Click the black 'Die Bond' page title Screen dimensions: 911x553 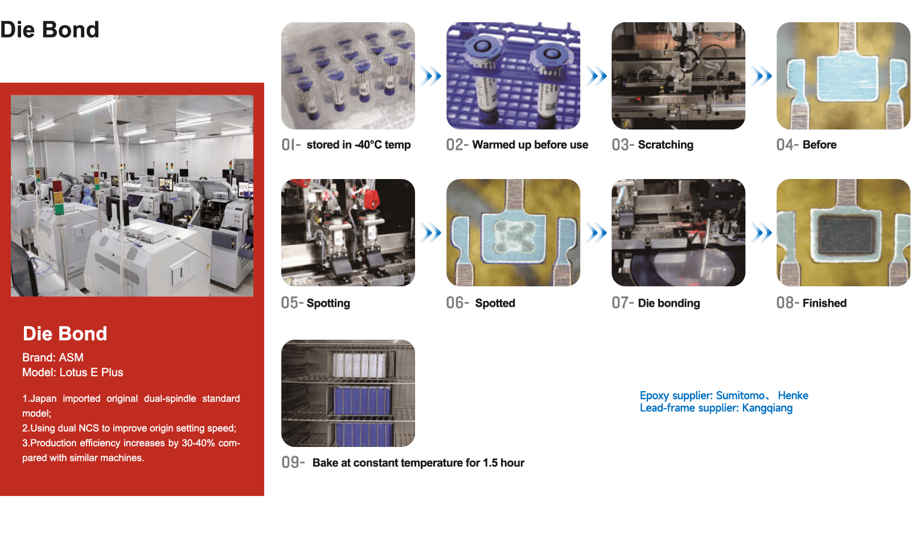[50, 30]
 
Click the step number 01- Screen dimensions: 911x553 [291, 145]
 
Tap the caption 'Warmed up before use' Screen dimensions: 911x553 [530, 145]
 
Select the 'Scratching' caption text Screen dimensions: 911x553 [666, 145]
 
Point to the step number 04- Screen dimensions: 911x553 [787, 145]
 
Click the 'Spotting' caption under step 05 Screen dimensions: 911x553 [328, 303]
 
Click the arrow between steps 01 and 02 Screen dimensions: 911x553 [430, 76]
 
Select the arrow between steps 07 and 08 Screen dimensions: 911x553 [761, 233]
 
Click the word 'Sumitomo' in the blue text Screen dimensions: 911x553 [740, 396]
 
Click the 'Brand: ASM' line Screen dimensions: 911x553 [53, 357]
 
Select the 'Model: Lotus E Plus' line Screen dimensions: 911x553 [73, 372]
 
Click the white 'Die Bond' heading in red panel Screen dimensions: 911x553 [65, 334]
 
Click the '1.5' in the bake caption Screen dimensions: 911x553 [490, 462]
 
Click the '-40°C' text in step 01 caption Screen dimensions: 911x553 [368, 145]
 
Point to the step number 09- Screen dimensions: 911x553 [293, 462]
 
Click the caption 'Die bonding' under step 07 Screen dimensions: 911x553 [669, 303]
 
